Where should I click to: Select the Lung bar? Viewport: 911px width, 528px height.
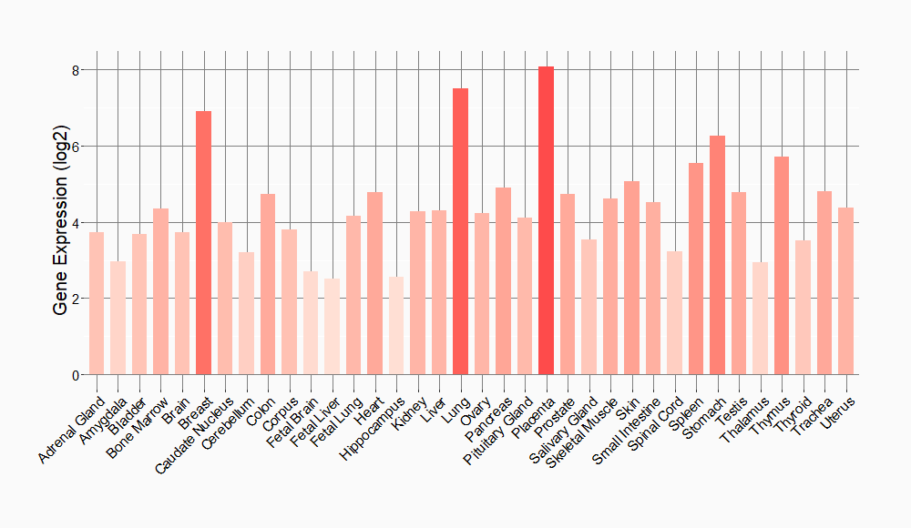[460, 231]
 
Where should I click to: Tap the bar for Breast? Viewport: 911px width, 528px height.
[203, 242]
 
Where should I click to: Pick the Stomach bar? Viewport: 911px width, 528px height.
[717, 255]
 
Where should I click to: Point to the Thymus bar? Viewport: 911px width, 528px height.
[782, 265]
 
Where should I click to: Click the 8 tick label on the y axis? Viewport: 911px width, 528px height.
[77, 70]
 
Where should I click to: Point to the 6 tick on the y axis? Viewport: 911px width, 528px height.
[77, 147]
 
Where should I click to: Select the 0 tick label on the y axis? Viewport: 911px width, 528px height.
[77, 375]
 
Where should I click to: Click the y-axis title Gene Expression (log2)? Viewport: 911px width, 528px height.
[61, 223]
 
